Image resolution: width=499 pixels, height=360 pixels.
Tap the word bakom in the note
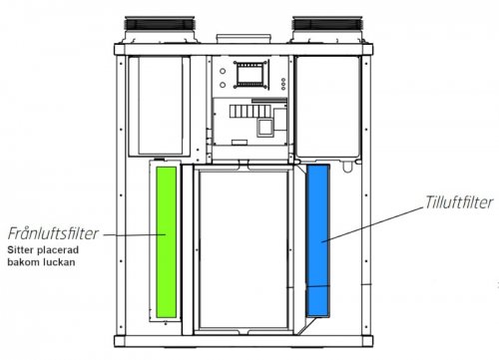tap(22, 262)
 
